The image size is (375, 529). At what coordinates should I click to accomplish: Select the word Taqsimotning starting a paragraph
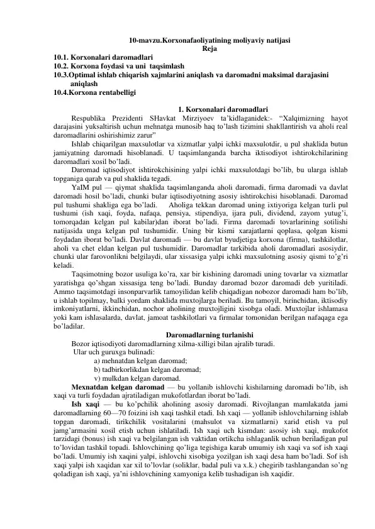tap(97, 275)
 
